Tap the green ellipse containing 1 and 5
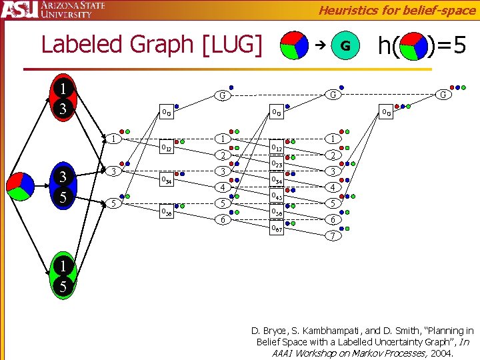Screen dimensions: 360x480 tap(63, 276)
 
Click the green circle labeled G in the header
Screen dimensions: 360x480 tap(345, 45)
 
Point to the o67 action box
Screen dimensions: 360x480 tap(277, 229)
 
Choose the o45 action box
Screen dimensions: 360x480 tap(277, 197)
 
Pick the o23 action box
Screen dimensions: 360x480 tap(277, 165)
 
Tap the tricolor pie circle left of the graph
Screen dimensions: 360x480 tap(20, 185)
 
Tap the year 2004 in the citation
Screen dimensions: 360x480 tap(441, 353)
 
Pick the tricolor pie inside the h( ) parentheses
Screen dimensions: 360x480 tap(413, 45)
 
